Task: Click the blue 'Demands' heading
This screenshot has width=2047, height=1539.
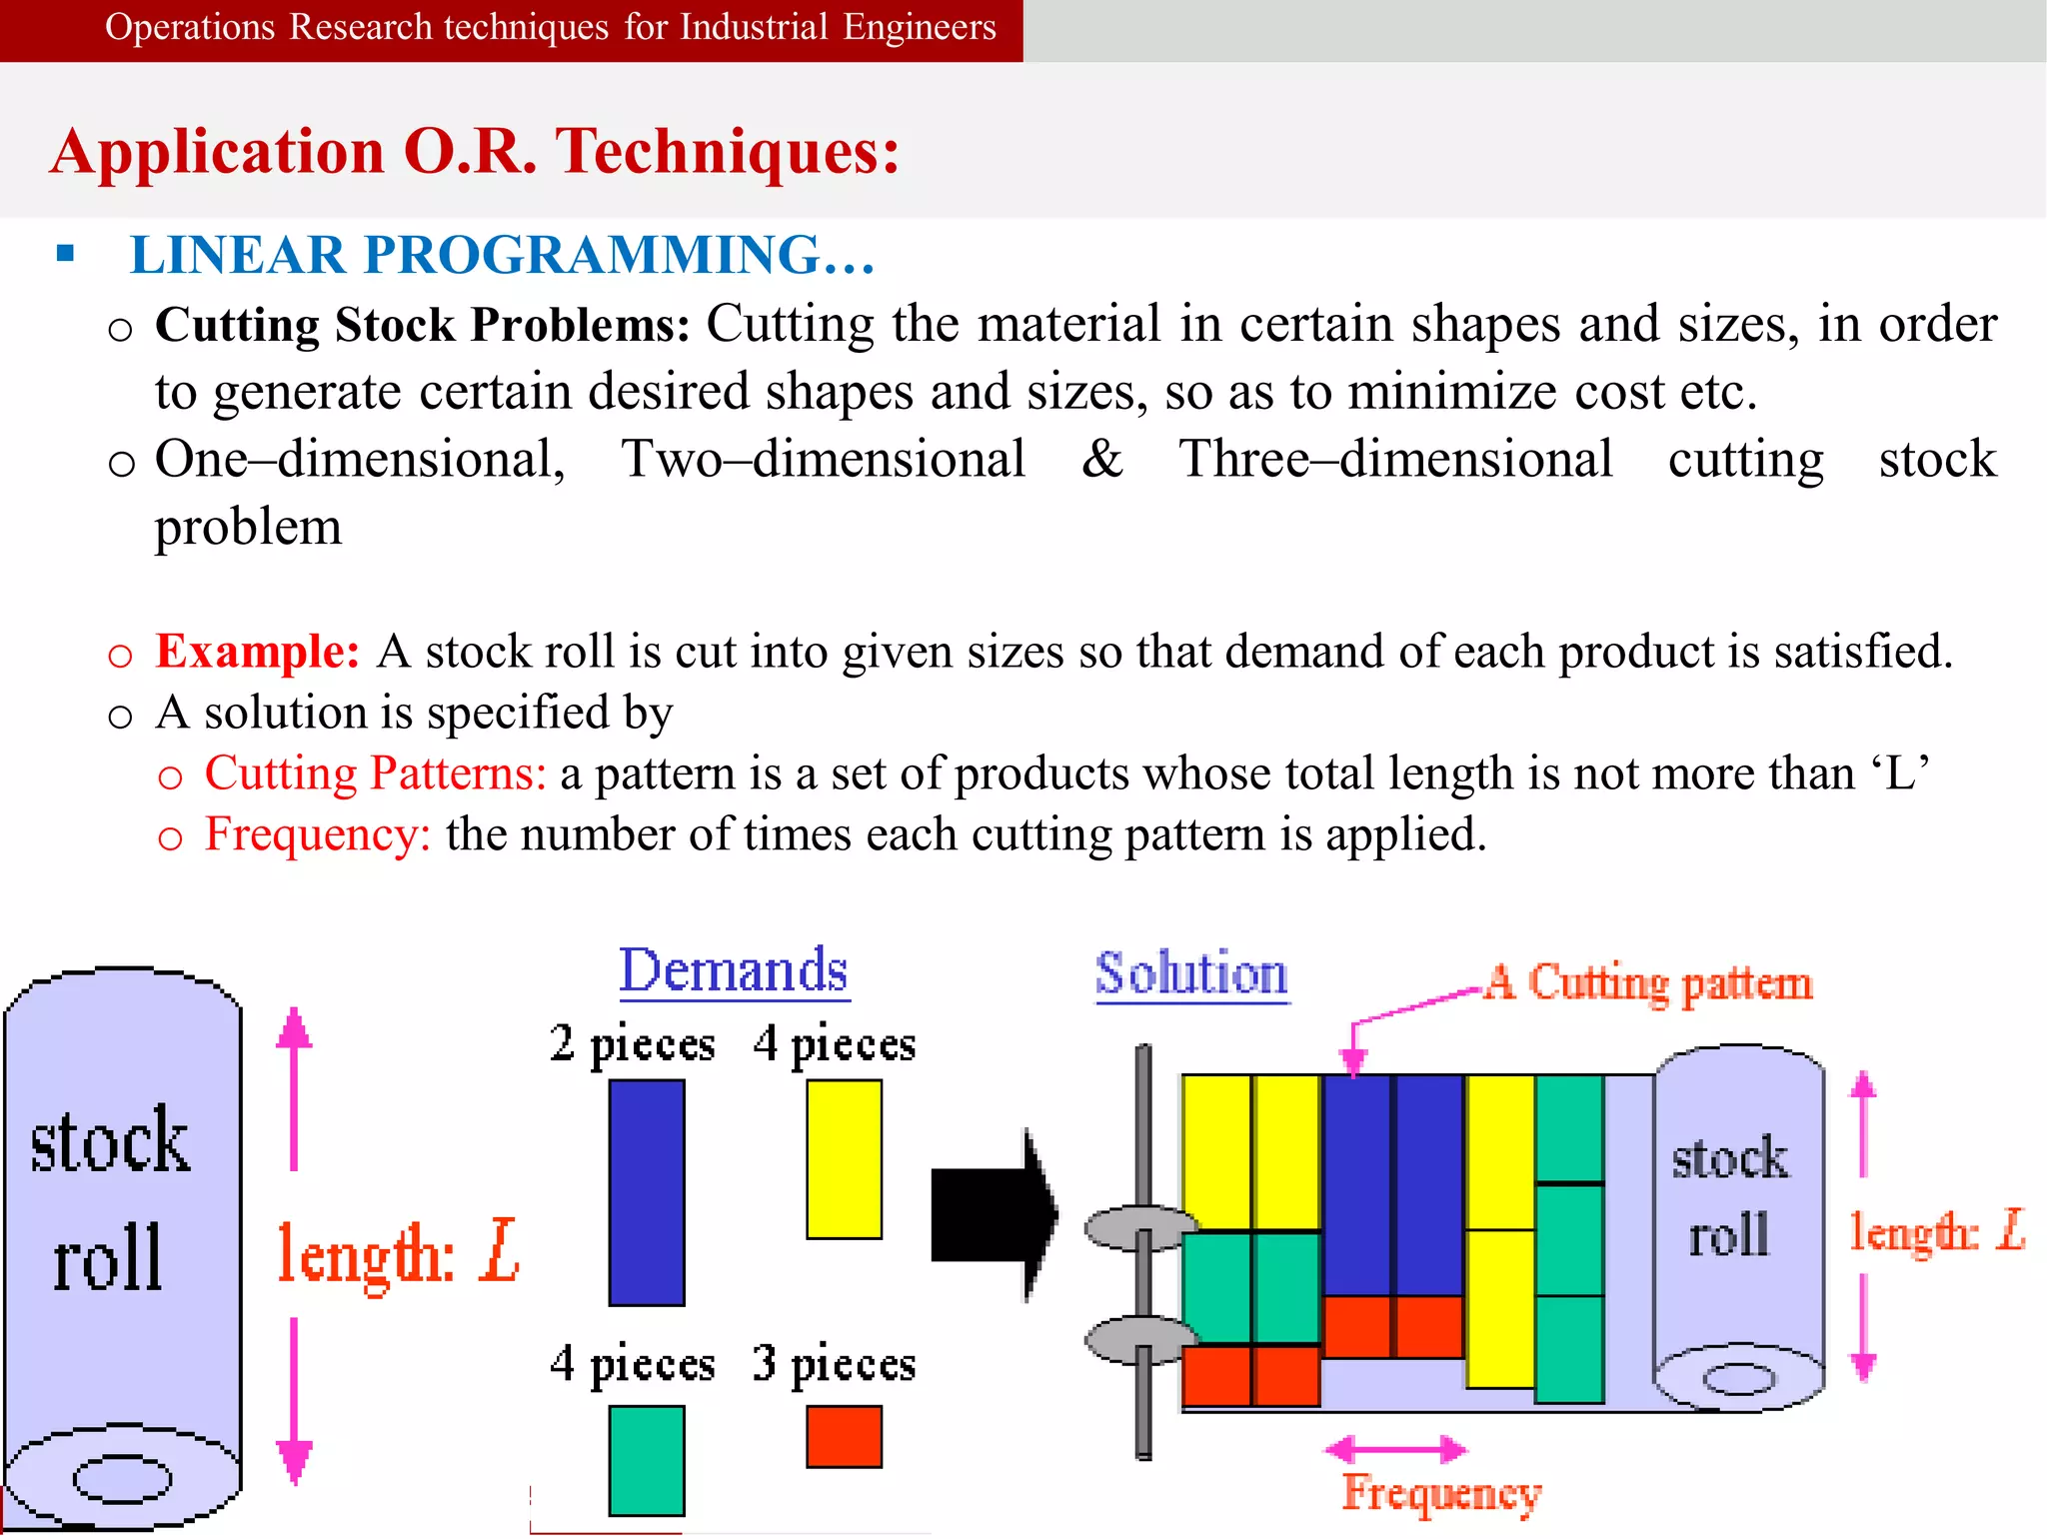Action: tap(734, 970)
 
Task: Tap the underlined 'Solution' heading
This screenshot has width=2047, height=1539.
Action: tap(1191, 974)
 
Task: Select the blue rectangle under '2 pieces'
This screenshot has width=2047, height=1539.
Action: tap(647, 1192)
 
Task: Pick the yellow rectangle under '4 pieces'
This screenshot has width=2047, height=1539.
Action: tap(844, 1159)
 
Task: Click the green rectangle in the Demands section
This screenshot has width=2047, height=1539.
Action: tap(647, 1460)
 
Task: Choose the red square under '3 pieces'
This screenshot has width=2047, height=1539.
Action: tap(844, 1437)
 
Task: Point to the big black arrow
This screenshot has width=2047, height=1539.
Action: tap(993, 1215)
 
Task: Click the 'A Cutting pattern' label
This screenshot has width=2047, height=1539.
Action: tap(1648, 983)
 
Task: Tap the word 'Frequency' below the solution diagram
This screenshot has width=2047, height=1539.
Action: tap(1441, 1494)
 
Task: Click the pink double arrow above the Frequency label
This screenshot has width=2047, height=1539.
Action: tap(1395, 1448)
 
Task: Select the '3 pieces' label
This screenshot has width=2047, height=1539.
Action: tap(834, 1363)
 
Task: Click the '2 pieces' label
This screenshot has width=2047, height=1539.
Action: tap(632, 1044)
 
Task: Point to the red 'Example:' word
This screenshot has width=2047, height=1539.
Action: tap(257, 652)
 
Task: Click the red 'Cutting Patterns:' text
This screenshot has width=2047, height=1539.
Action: tap(375, 773)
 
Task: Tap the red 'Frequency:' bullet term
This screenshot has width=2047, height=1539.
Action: tap(317, 834)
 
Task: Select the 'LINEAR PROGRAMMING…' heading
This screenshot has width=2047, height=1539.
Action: tap(502, 255)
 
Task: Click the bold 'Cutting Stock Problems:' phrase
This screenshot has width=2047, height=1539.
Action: tap(422, 325)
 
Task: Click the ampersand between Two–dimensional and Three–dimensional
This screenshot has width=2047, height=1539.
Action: tap(1101, 459)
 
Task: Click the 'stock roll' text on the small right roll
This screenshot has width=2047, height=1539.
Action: tap(1729, 1196)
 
